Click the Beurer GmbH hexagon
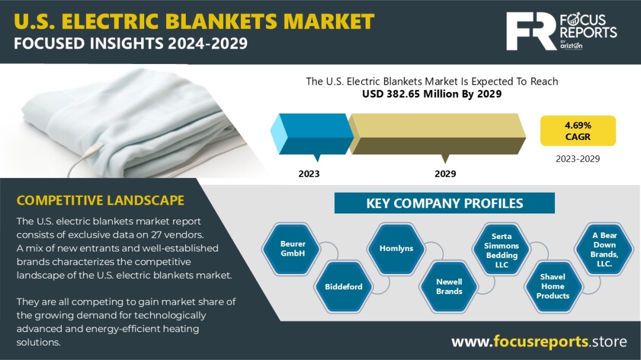292,249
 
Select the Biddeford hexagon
344,286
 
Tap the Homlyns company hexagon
396,249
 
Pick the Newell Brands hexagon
449,286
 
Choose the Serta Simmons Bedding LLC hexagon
501,249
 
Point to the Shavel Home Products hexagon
553,286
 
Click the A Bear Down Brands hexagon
604,249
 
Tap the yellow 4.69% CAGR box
577,130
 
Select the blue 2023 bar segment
312,133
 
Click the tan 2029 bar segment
437,133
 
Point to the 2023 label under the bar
309,174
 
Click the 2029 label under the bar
445,174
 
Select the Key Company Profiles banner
445,203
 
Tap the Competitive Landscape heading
100,200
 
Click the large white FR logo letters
531,31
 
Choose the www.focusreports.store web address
539,341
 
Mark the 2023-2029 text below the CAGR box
577,158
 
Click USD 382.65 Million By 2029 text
431,94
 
